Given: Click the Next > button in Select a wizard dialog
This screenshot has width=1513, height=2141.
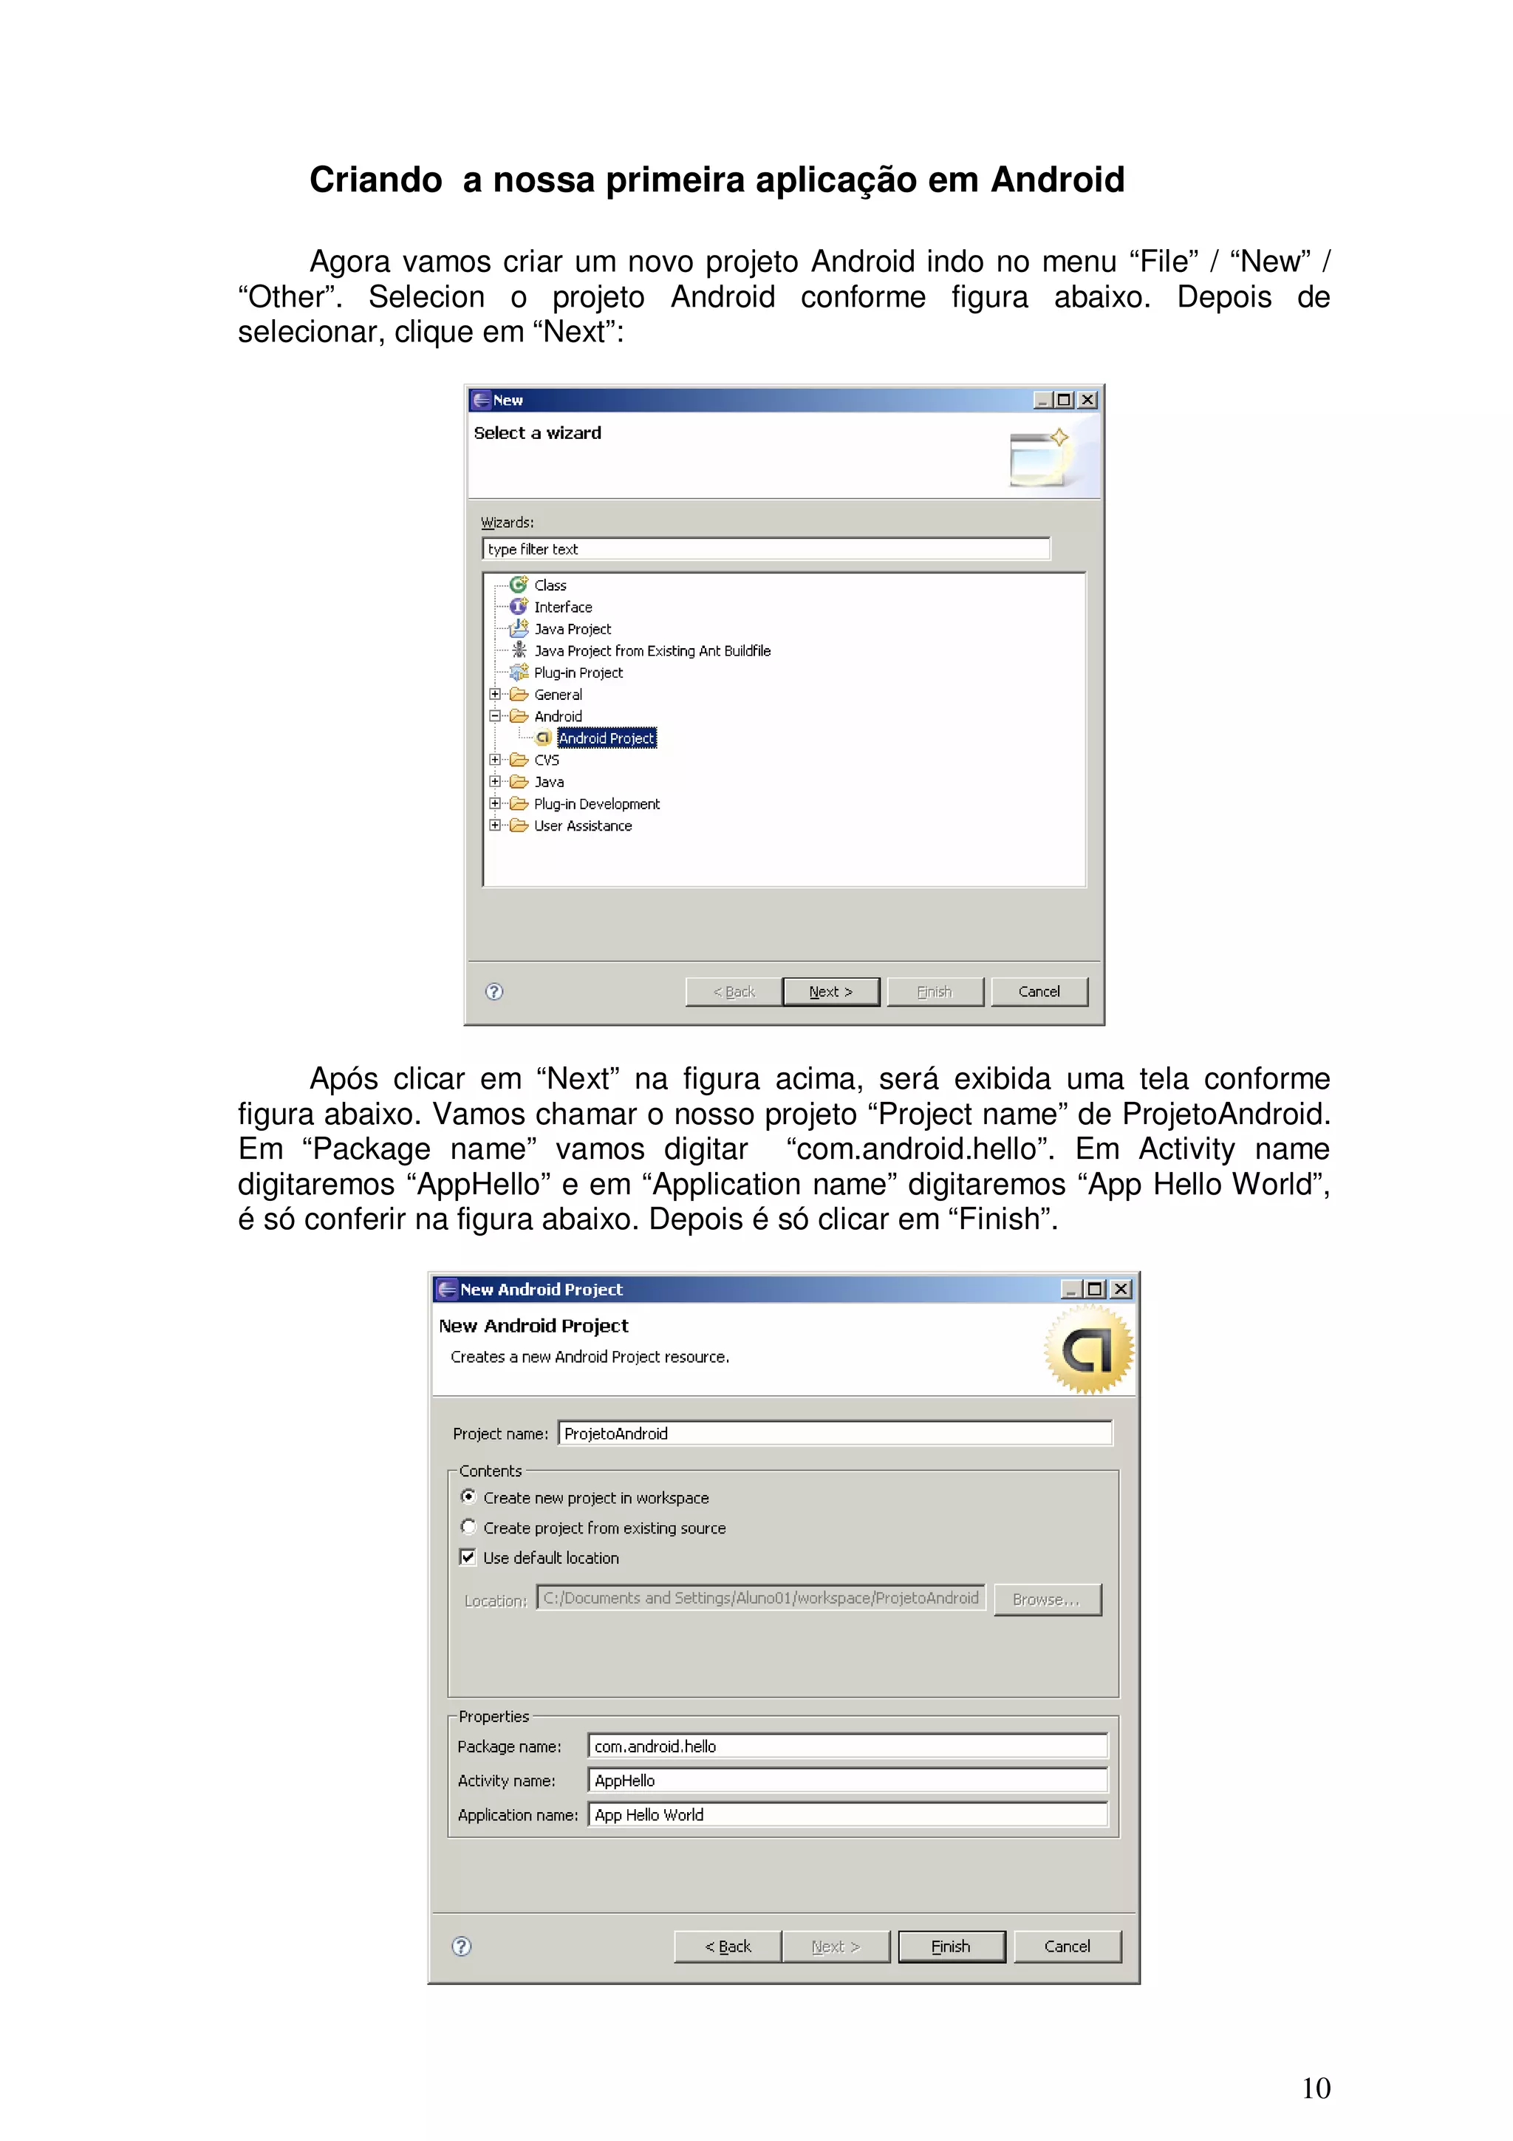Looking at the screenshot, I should click(x=830, y=991).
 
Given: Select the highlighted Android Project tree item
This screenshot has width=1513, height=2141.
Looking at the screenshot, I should click(x=607, y=738).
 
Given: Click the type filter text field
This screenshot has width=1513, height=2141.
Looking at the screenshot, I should click(x=765, y=549).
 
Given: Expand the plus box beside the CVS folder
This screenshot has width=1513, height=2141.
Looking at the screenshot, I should click(x=495, y=760).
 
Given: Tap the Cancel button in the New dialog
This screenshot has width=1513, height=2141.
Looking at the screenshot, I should click(x=1039, y=991).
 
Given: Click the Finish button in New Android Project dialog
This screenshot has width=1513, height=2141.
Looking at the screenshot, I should click(x=951, y=1946).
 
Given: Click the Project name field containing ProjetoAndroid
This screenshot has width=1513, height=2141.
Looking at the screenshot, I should click(x=834, y=1433).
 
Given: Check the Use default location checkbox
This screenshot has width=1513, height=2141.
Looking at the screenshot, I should click(x=468, y=1556).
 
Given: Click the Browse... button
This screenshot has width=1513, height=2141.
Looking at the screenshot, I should click(x=1046, y=1599).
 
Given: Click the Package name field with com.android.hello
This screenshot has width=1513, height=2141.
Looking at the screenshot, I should click(x=847, y=1746).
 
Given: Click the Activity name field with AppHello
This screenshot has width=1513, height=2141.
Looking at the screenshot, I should click(x=847, y=1780).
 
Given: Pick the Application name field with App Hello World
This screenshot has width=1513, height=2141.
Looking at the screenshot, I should click(x=847, y=1814).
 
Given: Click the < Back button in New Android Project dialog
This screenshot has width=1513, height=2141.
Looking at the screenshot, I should click(x=727, y=1946).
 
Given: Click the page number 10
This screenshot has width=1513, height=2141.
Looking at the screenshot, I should click(x=1315, y=2088).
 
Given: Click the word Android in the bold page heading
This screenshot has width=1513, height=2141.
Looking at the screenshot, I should click(x=1057, y=180).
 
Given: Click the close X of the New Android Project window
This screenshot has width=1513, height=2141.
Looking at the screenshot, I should click(x=1121, y=1289).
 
